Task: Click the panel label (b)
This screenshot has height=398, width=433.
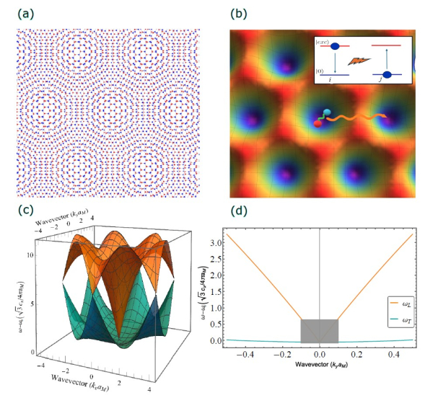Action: tap(241, 12)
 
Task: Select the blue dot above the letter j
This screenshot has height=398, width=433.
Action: tap(386, 74)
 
